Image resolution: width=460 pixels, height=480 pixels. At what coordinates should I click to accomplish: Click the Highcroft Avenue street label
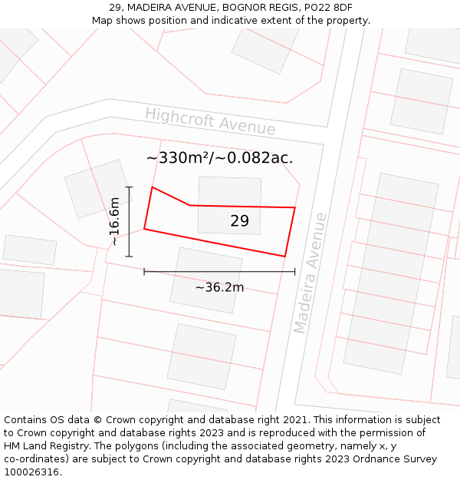click(210, 121)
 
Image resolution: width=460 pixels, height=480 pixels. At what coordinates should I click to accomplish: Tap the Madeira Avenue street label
click(310, 273)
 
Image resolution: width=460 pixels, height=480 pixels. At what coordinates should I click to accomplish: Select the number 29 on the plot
click(239, 221)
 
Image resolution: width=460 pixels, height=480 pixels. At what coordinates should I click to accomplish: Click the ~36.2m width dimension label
click(219, 287)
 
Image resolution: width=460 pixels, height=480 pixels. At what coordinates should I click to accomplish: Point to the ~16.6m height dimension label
click(114, 222)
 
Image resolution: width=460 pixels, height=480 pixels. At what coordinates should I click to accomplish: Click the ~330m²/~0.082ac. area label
click(219, 158)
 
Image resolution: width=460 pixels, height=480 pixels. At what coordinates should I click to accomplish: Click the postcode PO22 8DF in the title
click(333, 7)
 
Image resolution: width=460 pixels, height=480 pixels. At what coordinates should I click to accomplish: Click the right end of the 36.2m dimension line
click(294, 271)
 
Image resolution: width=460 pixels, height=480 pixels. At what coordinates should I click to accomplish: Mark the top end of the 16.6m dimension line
click(129, 187)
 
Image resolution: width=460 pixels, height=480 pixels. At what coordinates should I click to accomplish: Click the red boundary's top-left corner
click(153, 187)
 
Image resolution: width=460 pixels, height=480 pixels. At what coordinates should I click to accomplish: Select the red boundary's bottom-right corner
click(285, 257)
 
